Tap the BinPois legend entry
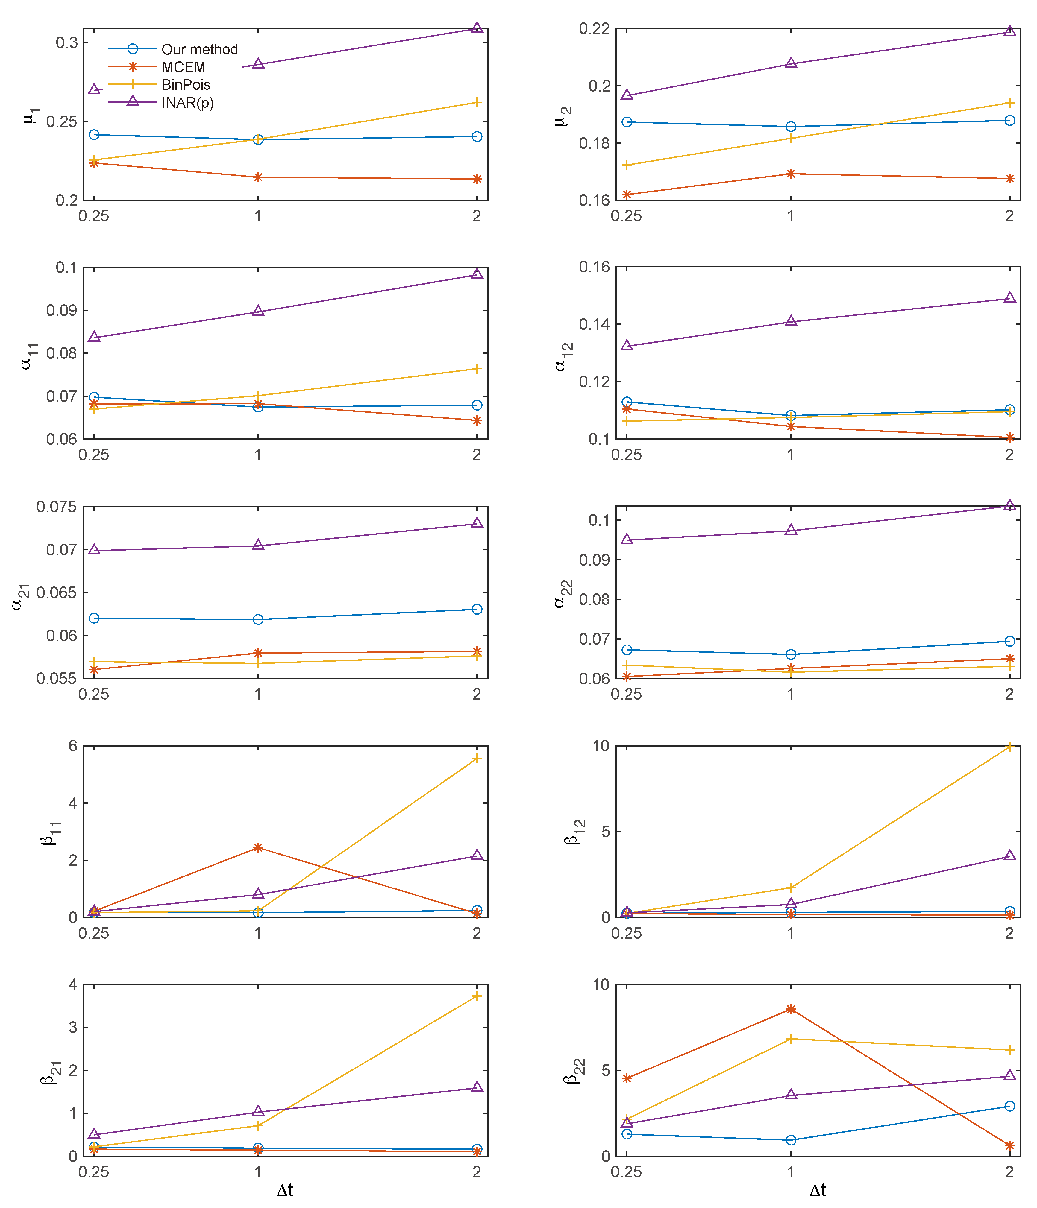(186, 85)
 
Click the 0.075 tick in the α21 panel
(56, 507)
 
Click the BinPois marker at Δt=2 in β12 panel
(1009, 747)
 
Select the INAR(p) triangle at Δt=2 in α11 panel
(477, 273)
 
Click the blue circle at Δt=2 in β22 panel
(1009, 1106)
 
